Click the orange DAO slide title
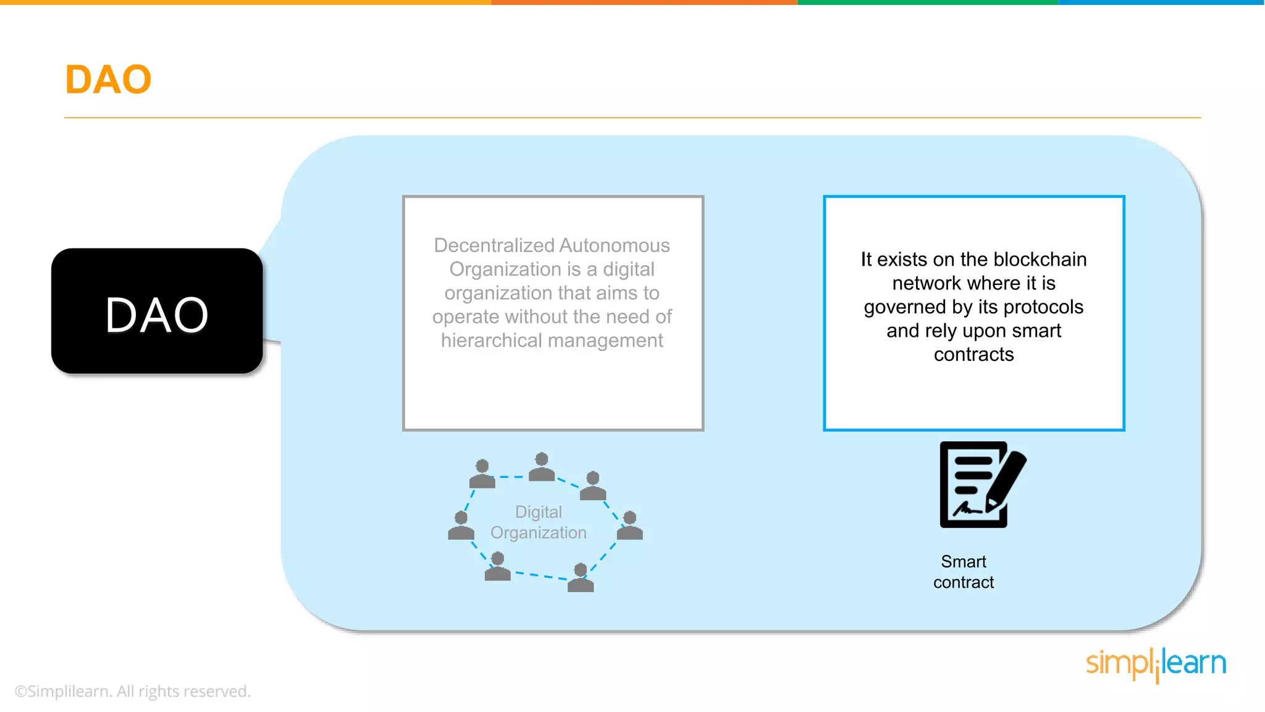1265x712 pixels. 108,80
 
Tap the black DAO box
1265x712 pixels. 157,311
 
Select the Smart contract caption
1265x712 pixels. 964,572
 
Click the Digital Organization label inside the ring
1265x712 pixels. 539,522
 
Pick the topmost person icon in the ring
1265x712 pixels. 542,467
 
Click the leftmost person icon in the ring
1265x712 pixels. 461,526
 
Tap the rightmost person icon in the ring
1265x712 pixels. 630,525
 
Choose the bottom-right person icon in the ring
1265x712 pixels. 581,578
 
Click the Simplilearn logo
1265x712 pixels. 1156,664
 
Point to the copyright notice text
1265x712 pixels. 132,691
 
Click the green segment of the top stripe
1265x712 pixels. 928,2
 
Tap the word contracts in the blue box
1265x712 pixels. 973,355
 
